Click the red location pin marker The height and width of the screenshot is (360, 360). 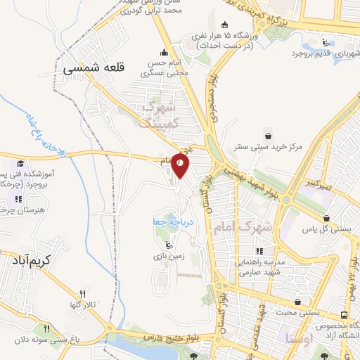181,166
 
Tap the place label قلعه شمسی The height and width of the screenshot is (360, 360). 94,69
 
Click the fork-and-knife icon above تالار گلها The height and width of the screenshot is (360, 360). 82,294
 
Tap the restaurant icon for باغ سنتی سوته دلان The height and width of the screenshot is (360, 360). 47,328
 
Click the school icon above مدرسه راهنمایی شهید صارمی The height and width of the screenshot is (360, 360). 259,251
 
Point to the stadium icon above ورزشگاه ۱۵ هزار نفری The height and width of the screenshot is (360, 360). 224,23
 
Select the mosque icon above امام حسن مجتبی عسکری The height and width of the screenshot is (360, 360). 165,51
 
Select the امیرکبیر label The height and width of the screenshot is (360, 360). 319,184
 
